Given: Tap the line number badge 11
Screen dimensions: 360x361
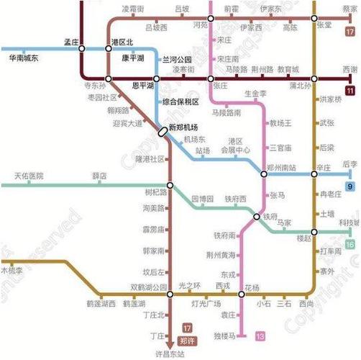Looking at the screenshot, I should click(349, 91).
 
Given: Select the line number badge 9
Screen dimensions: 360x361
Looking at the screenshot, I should click(349, 187).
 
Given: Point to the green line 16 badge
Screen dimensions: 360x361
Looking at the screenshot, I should click(349, 246).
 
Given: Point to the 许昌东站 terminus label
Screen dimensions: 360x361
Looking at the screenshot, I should click(170, 354).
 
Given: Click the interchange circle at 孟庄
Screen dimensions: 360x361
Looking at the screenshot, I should click(82, 48).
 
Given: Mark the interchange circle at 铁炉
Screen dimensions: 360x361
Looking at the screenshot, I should click(256, 217).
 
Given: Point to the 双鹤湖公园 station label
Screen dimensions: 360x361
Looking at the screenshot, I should click(149, 287).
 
